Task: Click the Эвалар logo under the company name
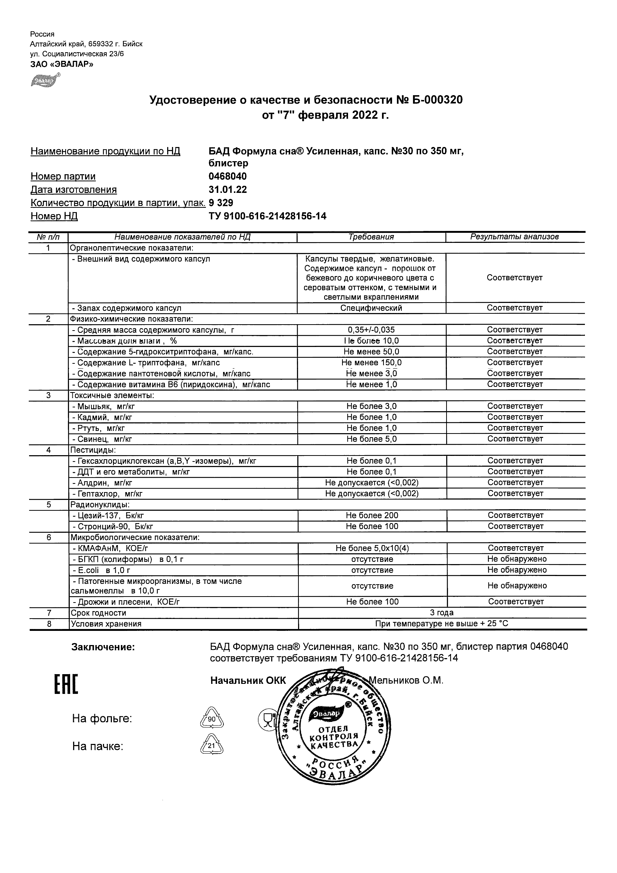[45, 80]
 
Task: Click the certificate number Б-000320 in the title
[437, 100]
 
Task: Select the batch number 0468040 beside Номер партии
[227, 176]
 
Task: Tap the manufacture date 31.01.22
[227, 190]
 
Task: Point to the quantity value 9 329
[221, 203]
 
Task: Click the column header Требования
[371, 237]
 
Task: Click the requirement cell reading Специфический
[371, 308]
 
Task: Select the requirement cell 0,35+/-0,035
[371, 330]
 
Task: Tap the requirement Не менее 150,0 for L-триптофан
[371, 363]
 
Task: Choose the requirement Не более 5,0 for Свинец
[371, 439]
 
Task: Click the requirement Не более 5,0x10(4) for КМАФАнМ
[372, 548]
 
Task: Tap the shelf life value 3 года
[441, 613]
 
